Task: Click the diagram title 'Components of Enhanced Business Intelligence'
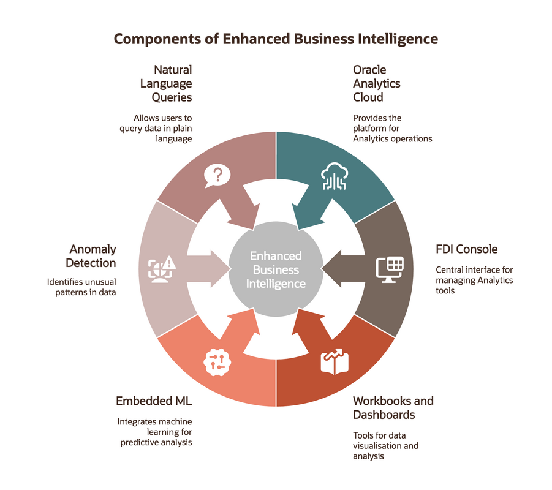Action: [x=276, y=39]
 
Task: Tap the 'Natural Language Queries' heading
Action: [x=166, y=83]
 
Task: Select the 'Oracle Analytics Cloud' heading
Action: [x=377, y=83]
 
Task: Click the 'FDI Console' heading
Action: [x=466, y=249]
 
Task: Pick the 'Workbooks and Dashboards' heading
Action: [x=393, y=408]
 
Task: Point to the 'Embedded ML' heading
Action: [x=154, y=401]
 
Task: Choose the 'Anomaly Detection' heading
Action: [x=91, y=256]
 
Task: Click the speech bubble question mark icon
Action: [x=217, y=176]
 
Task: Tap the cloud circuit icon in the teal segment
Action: [x=335, y=176]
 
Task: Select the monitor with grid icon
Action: [x=390, y=269]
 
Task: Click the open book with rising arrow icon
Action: [x=335, y=361]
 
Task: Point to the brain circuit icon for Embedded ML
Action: [x=217, y=362]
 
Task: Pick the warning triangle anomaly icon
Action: [x=162, y=269]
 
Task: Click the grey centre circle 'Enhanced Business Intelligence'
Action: [x=276, y=269]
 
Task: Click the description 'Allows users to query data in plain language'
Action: [x=156, y=128]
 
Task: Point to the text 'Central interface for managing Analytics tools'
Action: [x=474, y=280]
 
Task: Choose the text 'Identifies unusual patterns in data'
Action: [x=81, y=287]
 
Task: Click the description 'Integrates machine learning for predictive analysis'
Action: [x=154, y=432]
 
